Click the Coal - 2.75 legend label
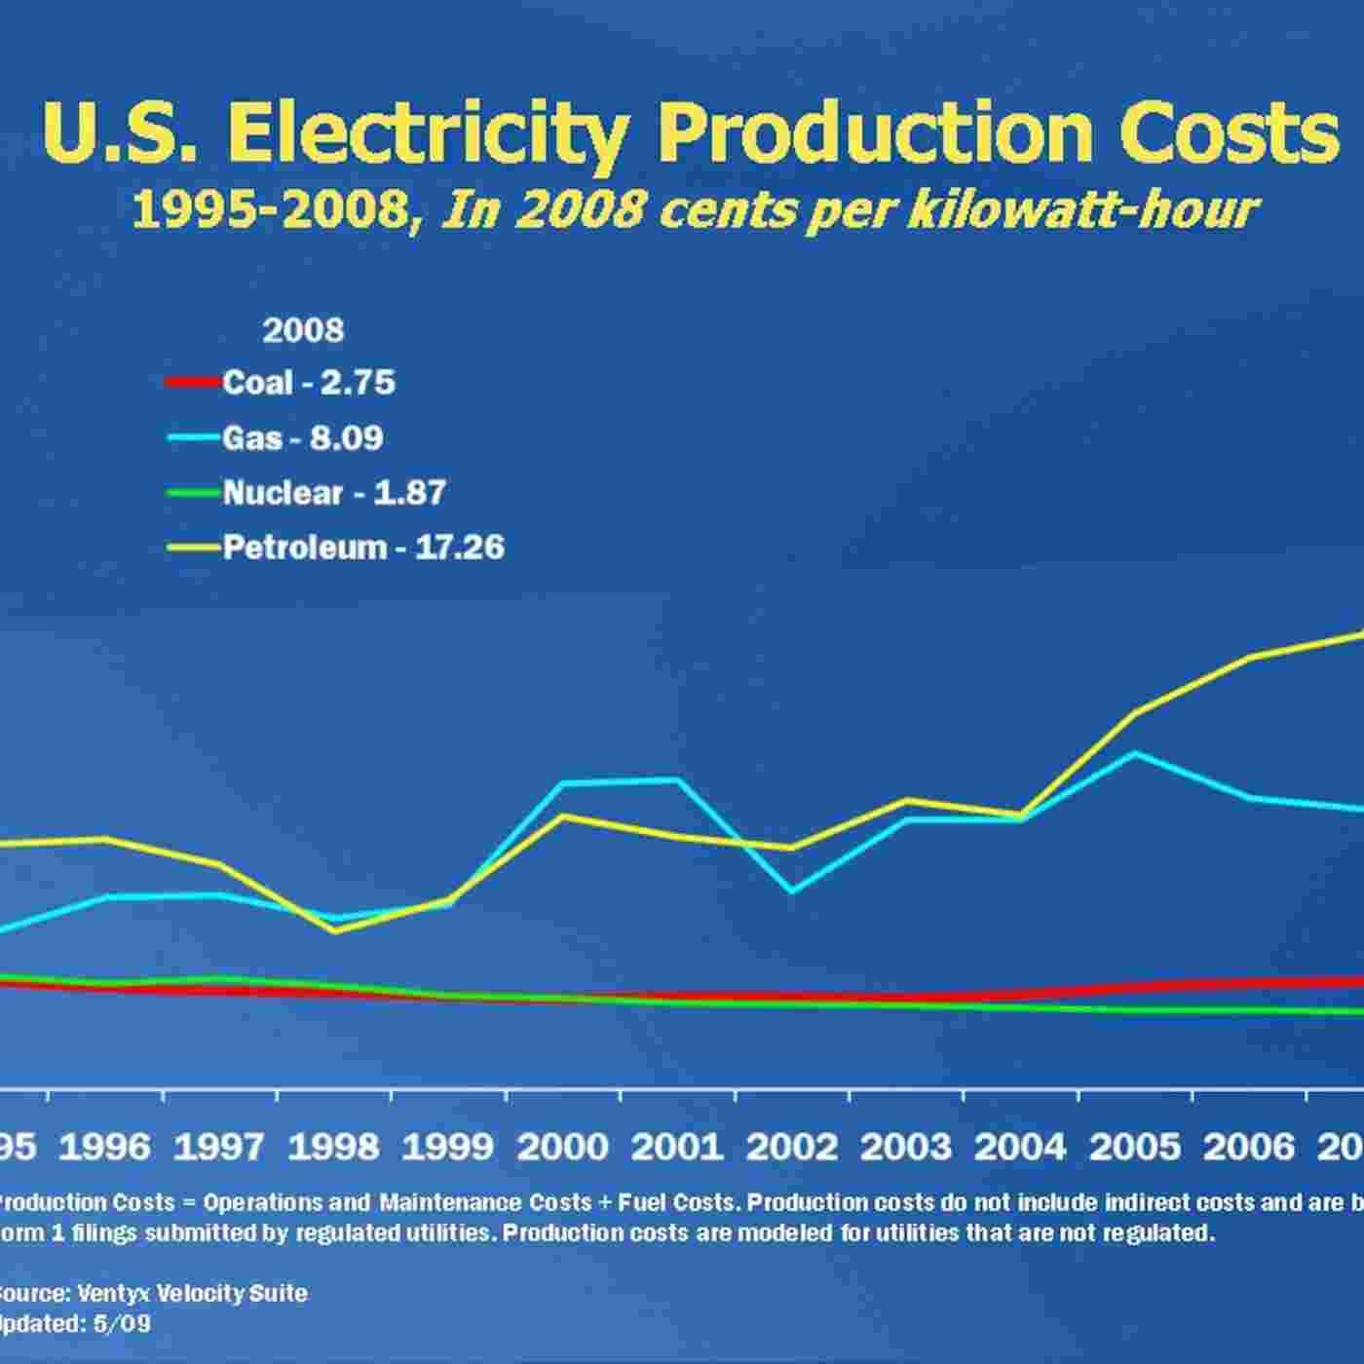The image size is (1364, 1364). point(309,383)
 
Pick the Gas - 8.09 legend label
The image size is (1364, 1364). point(303,438)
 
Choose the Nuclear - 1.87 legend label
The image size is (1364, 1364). point(334,493)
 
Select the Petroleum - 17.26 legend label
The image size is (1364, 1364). point(363,548)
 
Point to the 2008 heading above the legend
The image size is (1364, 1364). point(303,331)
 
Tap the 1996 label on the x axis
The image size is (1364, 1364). point(105,1148)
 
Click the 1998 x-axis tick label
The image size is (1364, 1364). point(334,1148)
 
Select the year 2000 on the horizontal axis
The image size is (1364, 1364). point(563,1148)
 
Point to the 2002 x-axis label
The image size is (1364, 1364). point(792,1148)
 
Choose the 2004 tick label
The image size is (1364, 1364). point(1021,1148)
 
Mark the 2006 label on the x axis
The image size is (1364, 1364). point(1250,1148)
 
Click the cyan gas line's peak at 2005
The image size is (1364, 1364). point(1134,753)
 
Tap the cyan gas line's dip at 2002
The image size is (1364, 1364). point(792,890)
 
